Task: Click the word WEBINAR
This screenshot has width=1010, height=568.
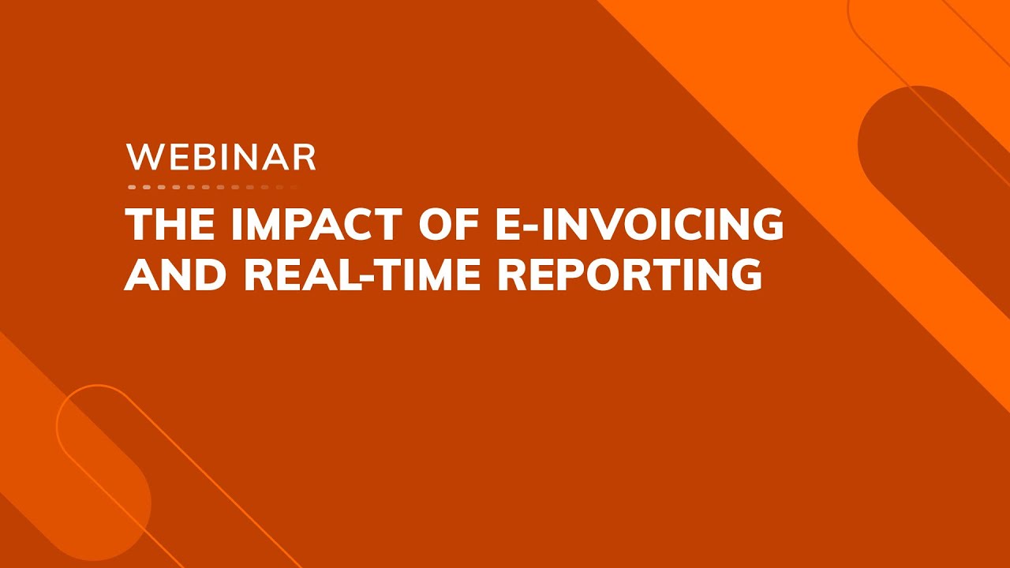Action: click(x=221, y=157)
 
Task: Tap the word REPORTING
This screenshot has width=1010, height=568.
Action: click(x=630, y=273)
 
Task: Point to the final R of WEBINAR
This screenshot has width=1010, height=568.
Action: click(x=305, y=157)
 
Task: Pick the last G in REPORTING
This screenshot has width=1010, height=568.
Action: click(x=746, y=273)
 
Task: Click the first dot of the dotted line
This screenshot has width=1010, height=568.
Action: click(x=132, y=188)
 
